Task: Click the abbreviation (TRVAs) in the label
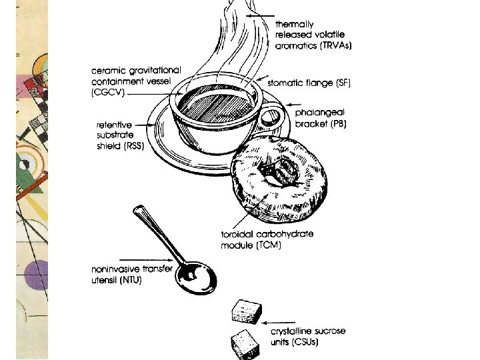click(x=333, y=46)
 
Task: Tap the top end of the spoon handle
click(x=139, y=211)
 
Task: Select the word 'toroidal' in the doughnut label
click(x=238, y=235)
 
